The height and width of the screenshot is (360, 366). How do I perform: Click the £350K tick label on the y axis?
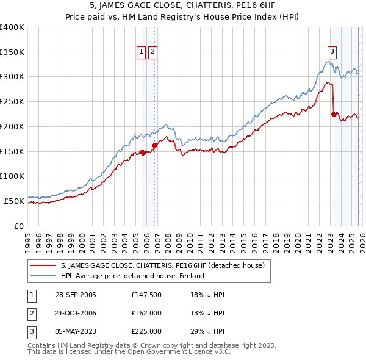(x=12, y=52)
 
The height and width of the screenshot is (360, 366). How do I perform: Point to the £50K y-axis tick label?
(x=14, y=201)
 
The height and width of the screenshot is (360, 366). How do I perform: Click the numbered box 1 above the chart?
(x=142, y=52)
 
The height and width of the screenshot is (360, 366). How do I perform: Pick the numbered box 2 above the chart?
(x=152, y=52)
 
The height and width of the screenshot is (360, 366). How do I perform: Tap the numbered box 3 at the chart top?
(x=332, y=52)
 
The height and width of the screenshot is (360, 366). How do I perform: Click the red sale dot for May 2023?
(x=334, y=113)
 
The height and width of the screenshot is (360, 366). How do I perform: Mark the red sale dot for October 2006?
(x=155, y=145)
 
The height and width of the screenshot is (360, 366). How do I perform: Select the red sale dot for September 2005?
(x=143, y=153)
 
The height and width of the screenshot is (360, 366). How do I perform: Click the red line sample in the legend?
(x=43, y=266)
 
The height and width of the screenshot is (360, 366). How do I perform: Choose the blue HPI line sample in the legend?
(x=43, y=276)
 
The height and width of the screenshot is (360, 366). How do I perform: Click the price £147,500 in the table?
(x=146, y=295)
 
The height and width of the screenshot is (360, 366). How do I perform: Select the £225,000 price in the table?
(x=146, y=331)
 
